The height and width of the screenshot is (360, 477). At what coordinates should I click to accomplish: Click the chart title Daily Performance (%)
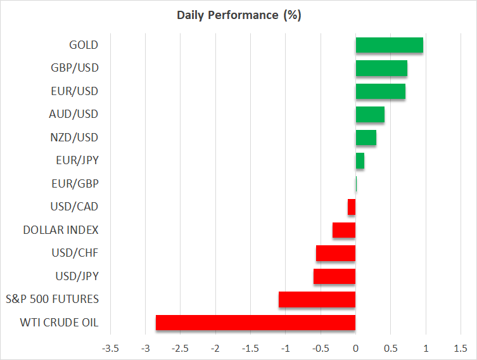(x=239, y=15)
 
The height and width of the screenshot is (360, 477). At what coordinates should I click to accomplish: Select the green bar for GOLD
(x=389, y=45)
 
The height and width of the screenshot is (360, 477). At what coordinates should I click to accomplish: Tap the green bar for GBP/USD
(x=381, y=68)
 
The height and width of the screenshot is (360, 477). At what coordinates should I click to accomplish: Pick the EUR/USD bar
(x=380, y=91)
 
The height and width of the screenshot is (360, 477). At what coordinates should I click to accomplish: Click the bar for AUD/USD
(x=370, y=114)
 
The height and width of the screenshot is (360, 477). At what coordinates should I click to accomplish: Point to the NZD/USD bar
(x=366, y=138)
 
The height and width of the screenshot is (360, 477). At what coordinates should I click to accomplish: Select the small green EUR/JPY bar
(x=360, y=160)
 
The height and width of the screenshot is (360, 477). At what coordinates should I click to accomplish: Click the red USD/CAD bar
(x=352, y=207)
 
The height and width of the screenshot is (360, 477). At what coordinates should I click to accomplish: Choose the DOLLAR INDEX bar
(x=344, y=230)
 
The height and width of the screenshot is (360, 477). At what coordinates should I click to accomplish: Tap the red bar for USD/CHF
(x=336, y=253)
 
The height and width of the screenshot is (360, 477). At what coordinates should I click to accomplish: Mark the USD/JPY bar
(x=334, y=276)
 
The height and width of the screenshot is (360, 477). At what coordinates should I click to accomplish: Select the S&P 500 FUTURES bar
(x=317, y=299)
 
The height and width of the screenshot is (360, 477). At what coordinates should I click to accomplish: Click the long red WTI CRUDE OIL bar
(x=255, y=323)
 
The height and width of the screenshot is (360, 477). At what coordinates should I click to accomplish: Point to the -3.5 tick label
(x=110, y=349)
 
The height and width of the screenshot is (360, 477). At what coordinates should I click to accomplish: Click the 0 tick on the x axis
(x=355, y=349)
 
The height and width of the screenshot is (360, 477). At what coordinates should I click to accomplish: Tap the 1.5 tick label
(x=461, y=349)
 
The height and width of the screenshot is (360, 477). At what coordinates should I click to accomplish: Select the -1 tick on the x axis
(x=285, y=349)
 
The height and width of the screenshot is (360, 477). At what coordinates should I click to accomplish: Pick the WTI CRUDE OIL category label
(x=59, y=323)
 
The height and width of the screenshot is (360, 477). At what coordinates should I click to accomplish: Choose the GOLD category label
(x=84, y=45)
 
